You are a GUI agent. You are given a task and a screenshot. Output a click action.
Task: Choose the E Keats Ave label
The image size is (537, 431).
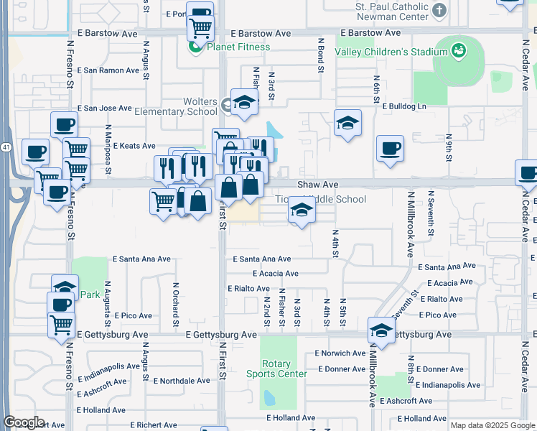click(x=134, y=146)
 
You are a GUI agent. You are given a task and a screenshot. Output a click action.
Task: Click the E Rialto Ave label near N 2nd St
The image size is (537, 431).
click(x=248, y=288)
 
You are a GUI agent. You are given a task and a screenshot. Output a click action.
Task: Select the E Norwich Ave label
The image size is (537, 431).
click(x=340, y=353)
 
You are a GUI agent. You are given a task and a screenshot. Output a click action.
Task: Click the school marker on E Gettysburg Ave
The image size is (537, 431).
click(x=380, y=330)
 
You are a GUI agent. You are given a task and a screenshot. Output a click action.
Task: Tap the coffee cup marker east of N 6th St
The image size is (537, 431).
click(x=390, y=148)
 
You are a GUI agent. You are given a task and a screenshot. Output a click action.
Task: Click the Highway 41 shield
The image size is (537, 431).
click(x=4, y=147)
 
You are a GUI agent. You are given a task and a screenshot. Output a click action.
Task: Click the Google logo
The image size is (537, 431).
click(x=24, y=422)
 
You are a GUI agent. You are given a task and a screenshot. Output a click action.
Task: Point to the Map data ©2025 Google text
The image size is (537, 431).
click(x=492, y=425)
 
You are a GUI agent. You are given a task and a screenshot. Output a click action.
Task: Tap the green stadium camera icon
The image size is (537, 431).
click(x=458, y=50)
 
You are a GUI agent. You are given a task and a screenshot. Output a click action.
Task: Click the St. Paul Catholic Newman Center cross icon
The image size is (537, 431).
click(x=439, y=10)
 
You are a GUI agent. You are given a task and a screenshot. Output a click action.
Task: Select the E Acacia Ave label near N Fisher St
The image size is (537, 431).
click(x=275, y=274)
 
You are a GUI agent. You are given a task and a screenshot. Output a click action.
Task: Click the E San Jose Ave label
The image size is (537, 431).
click(x=104, y=108)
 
